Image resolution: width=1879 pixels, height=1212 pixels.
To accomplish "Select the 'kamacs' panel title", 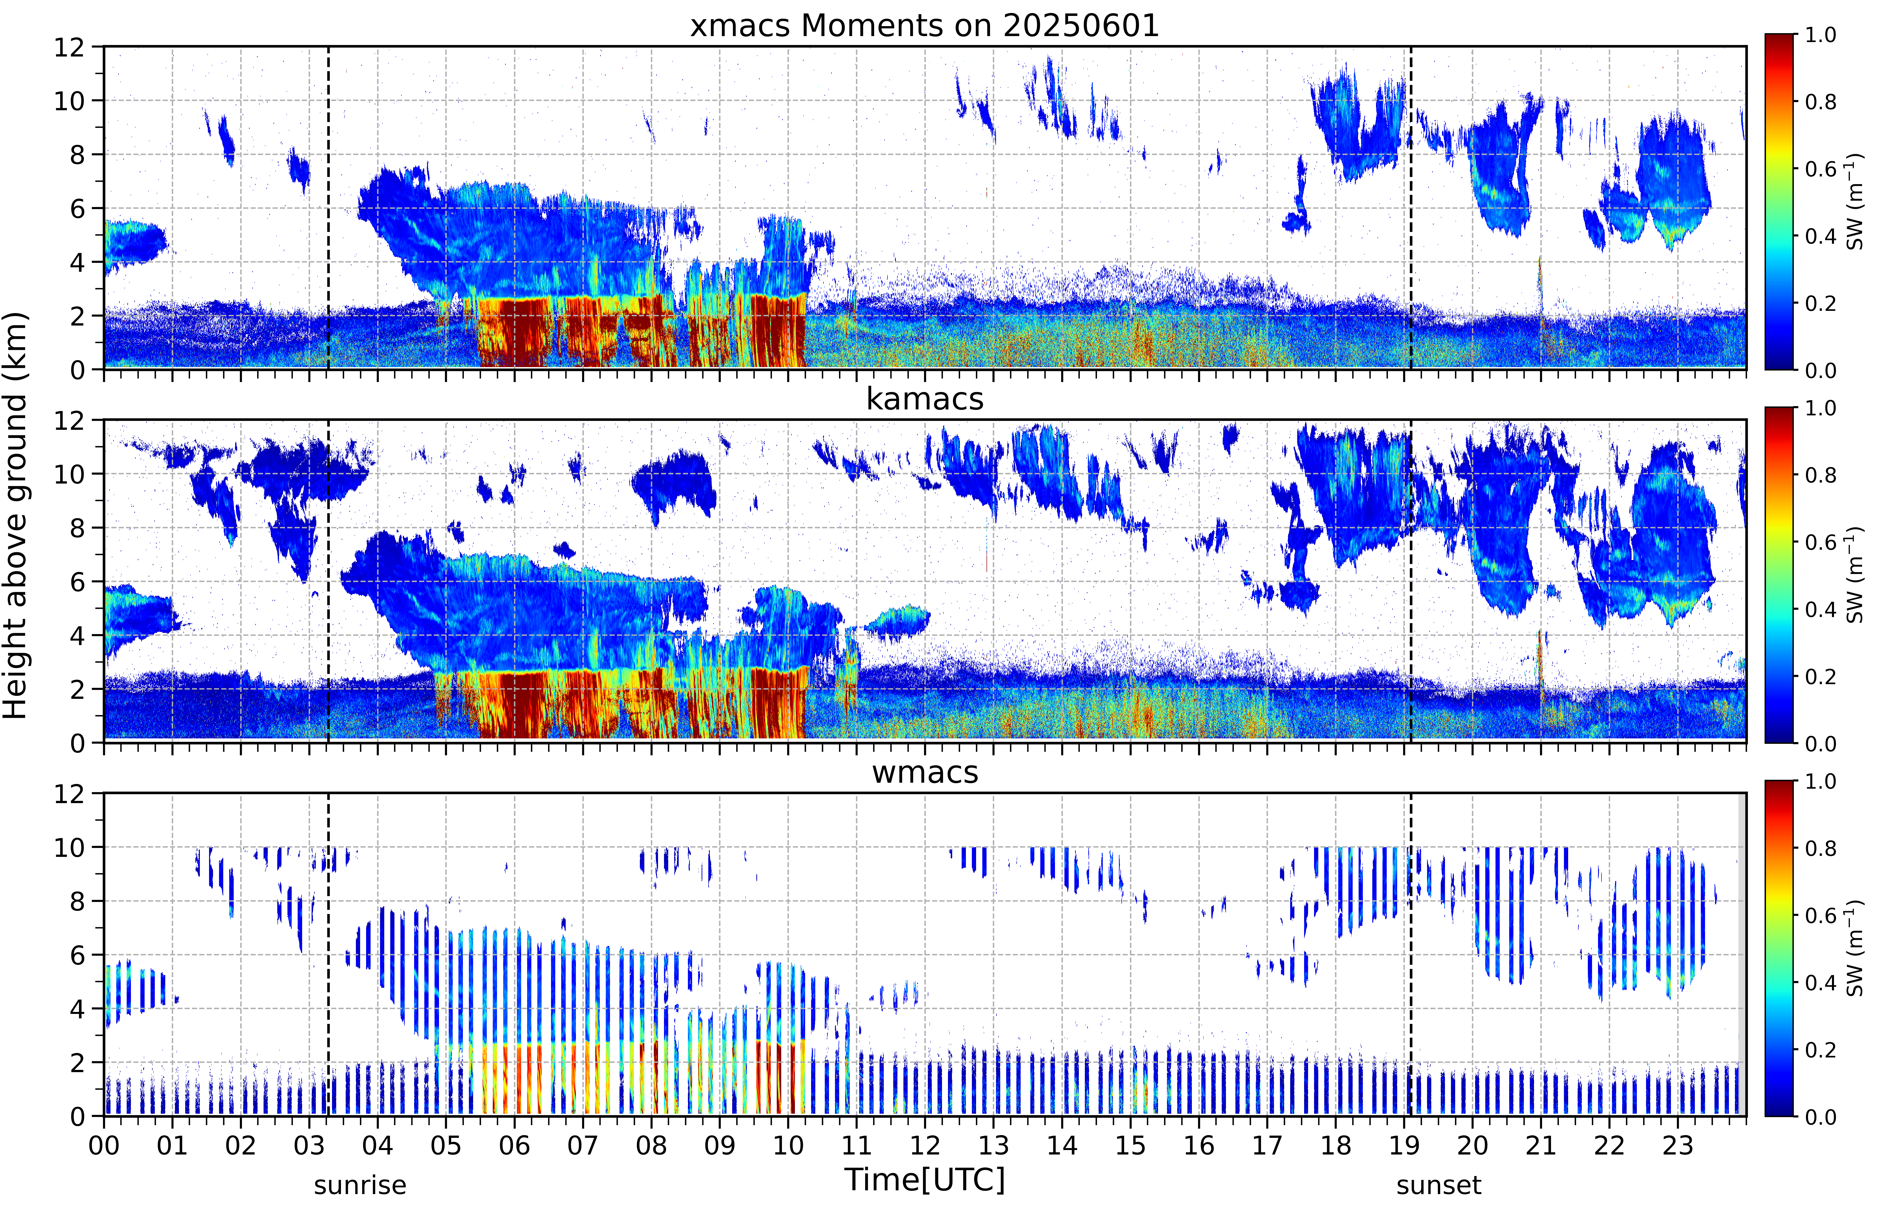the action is click(925, 399).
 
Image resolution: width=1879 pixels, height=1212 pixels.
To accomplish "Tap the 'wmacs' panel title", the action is click(925, 772).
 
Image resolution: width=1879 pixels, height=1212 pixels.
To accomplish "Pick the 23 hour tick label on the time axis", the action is click(1678, 1145).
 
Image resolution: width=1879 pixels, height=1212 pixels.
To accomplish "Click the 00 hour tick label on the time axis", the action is click(104, 1145).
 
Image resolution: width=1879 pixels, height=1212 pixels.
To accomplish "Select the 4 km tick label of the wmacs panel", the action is click(77, 1009).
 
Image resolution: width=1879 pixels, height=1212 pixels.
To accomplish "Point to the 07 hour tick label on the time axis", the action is click(583, 1145).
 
